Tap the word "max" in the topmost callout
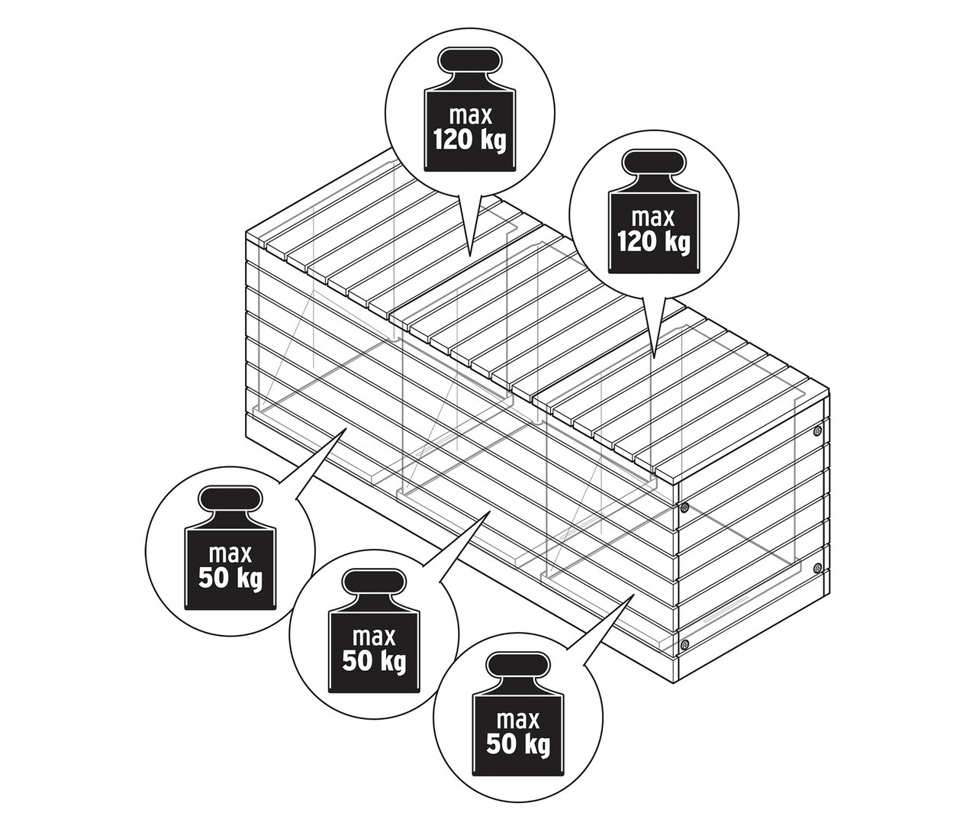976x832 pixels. [x=469, y=117]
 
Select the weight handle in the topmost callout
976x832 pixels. [x=469, y=62]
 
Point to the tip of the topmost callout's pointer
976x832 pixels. [x=469, y=254]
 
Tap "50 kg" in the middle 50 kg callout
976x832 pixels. [x=374, y=661]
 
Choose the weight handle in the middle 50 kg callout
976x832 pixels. [x=374, y=584]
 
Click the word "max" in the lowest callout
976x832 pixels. [x=517, y=719]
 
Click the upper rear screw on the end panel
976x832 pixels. [x=818, y=431]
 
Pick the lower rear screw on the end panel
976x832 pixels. [x=818, y=568]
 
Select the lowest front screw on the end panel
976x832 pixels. [x=684, y=645]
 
